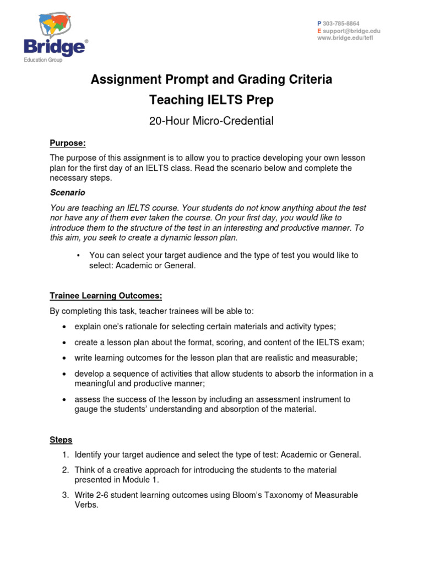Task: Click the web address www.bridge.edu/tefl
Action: point(345,39)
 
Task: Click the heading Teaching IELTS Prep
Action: point(211,100)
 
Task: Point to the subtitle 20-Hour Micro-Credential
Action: point(211,121)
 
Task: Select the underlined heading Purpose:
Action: point(68,143)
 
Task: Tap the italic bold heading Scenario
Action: point(67,193)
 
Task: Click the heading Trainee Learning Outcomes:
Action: point(106,296)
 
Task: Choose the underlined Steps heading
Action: point(61,440)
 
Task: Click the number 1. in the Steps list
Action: point(65,454)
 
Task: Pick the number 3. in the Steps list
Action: point(65,495)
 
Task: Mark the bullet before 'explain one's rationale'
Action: point(64,327)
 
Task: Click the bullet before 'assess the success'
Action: point(64,399)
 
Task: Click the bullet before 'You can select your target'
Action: point(79,256)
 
